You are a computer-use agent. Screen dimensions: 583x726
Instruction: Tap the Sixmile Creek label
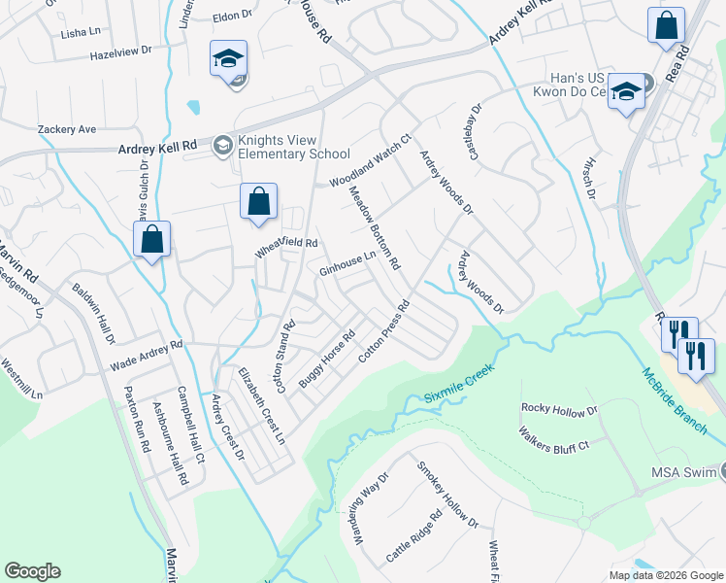(459, 384)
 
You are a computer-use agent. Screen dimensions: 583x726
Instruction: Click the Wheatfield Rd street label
(287, 247)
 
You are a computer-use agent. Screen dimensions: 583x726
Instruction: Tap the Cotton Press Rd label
(385, 331)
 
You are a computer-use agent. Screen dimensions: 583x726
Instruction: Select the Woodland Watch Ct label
(371, 161)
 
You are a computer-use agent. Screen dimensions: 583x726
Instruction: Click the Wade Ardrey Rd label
(147, 354)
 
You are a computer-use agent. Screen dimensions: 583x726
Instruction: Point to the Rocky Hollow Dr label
(559, 409)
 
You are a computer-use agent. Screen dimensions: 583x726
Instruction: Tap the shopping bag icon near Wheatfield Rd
(258, 202)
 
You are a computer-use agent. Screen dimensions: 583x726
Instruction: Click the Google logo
(32, 571)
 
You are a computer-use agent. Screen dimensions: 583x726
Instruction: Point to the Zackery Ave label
(67, 128)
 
